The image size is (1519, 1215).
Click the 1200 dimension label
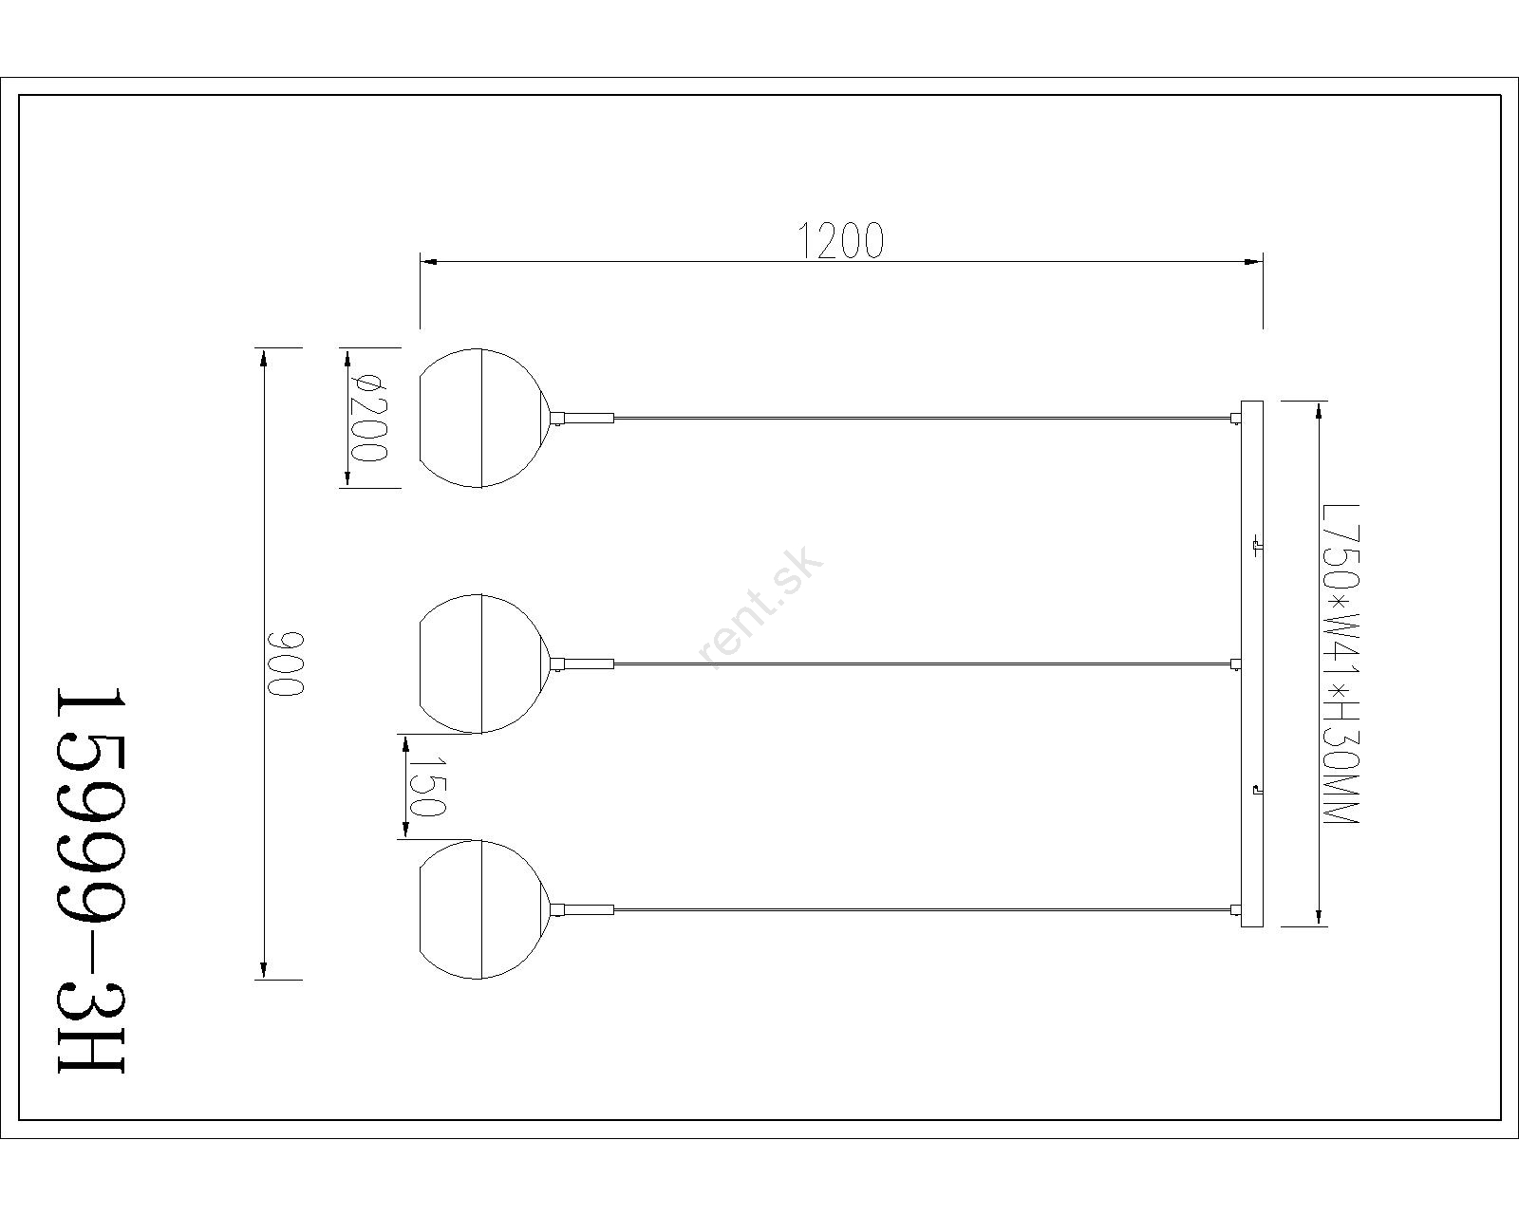click(x=841, y=241)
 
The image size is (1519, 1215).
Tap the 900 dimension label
click(x=286, y=664)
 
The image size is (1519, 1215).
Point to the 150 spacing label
click(x=427, y=787)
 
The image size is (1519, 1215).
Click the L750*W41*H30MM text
click(x=1340, y=664)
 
